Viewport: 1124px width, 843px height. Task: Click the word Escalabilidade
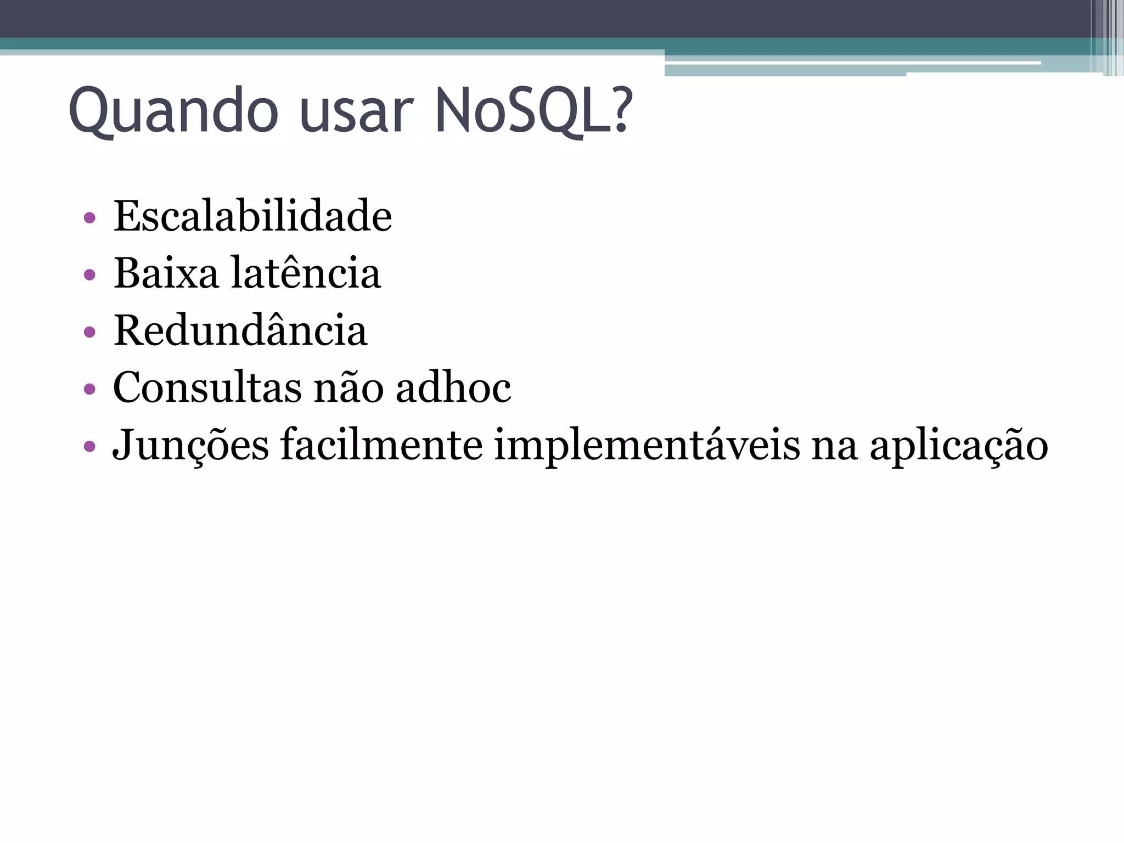(x=252, y=216)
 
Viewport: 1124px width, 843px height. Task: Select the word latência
(x=306, y=273)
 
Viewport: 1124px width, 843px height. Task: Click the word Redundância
(x=240, y=330)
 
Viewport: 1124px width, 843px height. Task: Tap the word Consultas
(x=207, y=387)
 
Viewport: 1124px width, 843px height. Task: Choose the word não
(x=349, y=387)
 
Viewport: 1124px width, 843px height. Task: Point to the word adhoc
(x=453, y=387)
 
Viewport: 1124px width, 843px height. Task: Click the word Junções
(x=191, y=445)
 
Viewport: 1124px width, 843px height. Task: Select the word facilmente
(x=381, y=445)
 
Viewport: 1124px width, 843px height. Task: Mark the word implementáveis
(x=647, y=445)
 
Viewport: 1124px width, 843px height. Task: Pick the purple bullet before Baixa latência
(x=89, y=274)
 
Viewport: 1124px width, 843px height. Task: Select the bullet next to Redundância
(x=89, y=332)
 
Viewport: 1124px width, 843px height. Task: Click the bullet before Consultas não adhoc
(x=89, y=389)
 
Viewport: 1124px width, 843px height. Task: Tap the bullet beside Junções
(x=89, y=446)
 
